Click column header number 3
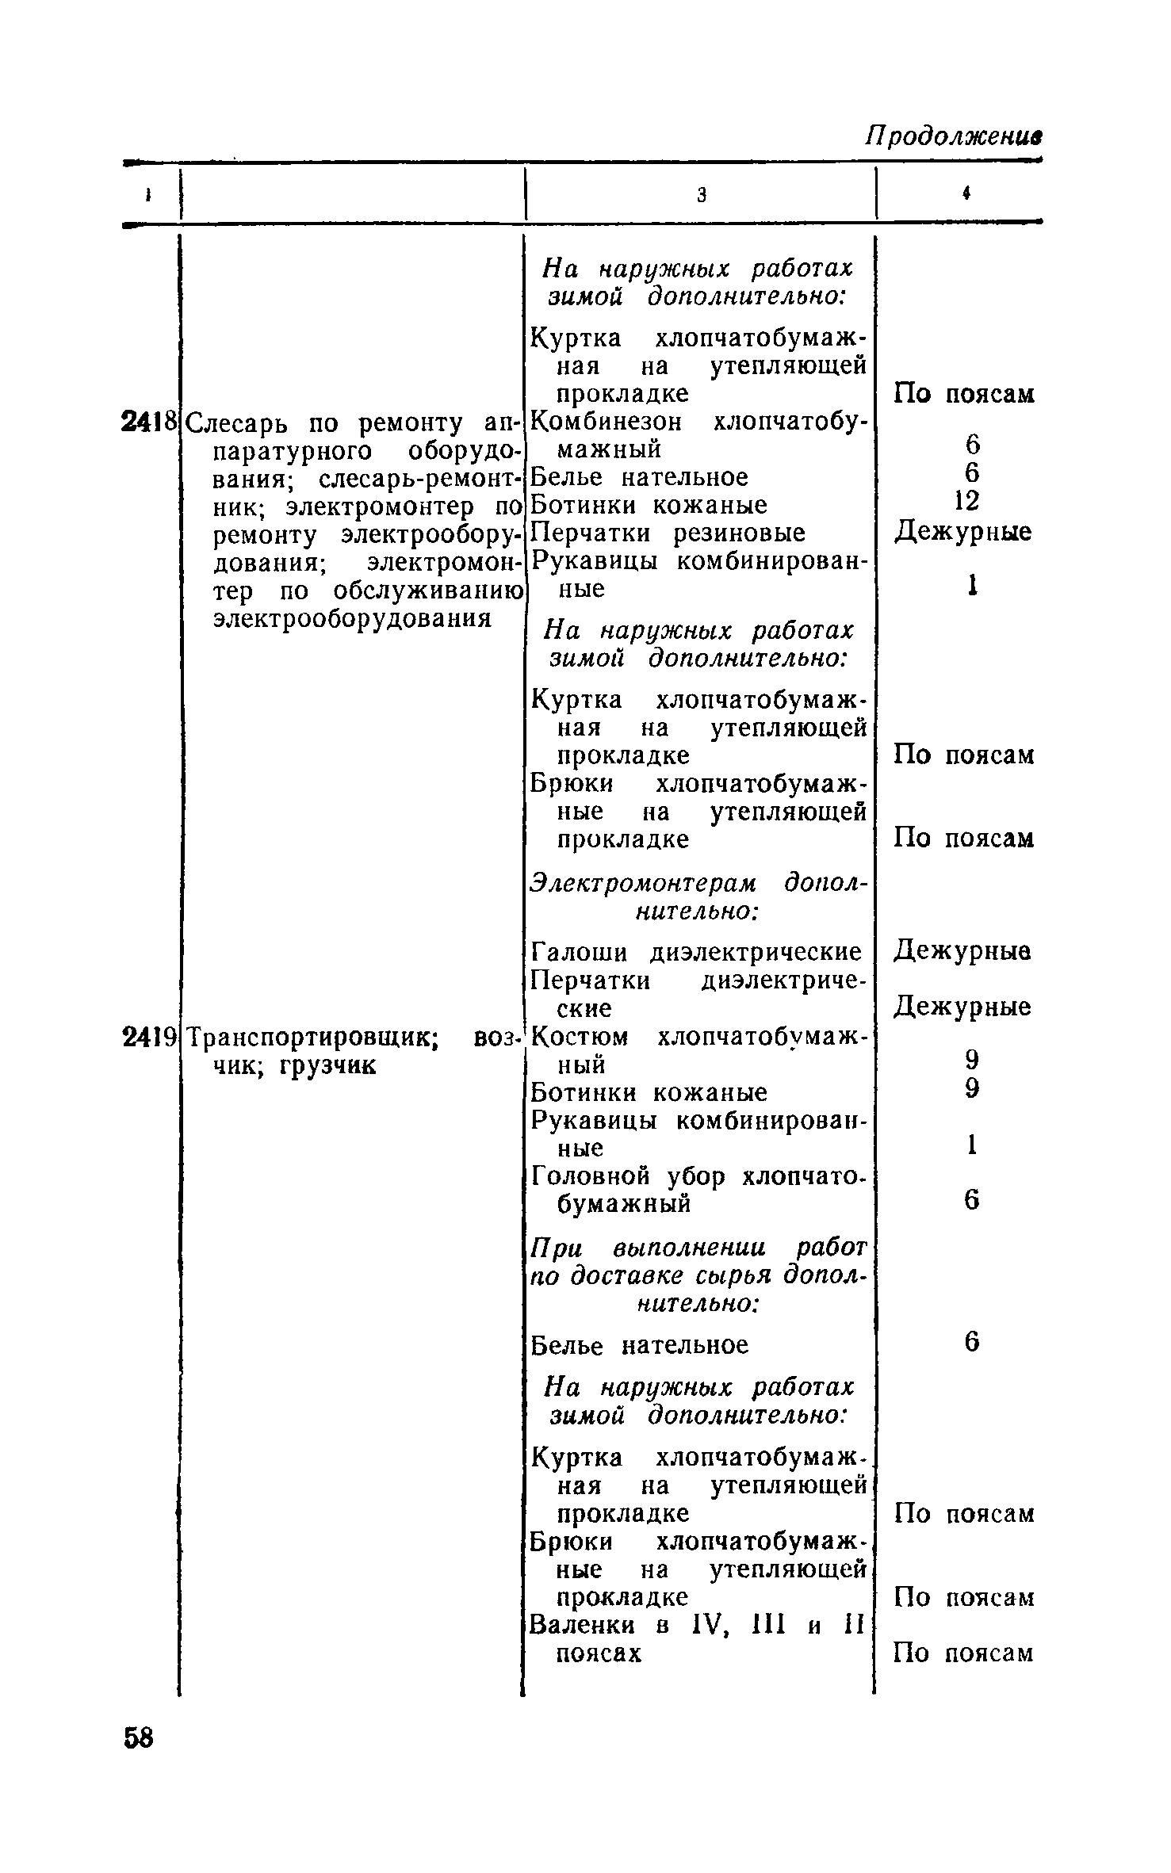pyautogui.click(x=701, y=195)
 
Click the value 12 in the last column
pyautogui.click(x=967, y=500)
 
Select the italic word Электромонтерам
pyautogui.click(x=643, y=883)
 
